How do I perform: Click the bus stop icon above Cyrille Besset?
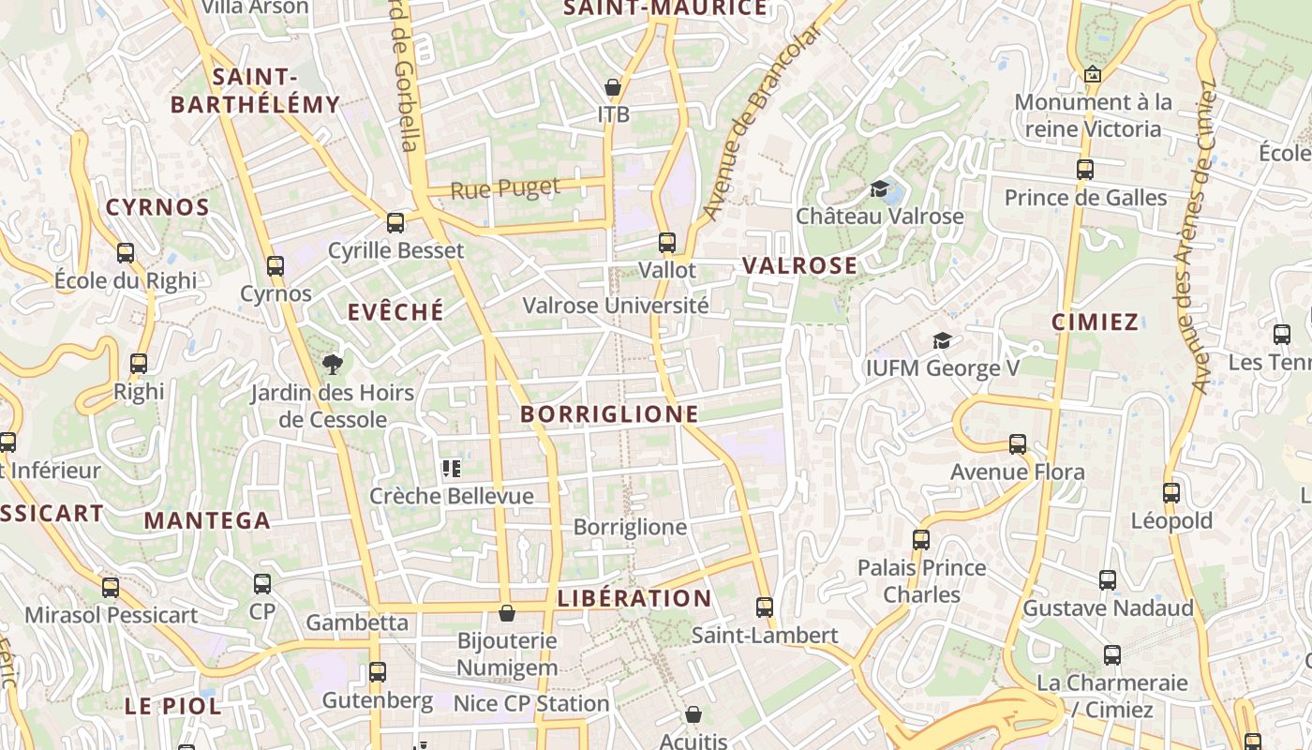(395, 223)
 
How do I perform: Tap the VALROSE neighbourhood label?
(799, 265)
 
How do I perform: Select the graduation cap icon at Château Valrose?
(879, 189)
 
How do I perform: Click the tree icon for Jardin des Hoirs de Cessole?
(331, 364)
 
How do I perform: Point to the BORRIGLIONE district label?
(609, 413)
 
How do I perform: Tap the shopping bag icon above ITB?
(613, 88)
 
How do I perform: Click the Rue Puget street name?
(505, 188)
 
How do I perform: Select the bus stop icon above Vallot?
(667, 243)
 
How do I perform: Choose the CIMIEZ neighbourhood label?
(1095, 322)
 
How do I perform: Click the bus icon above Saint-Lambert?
(765, 607)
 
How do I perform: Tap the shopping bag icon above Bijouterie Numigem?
(507, 613)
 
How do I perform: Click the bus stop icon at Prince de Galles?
(1085, 170)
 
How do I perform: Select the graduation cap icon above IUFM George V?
(942, 340)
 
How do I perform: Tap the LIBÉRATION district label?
(634, 598)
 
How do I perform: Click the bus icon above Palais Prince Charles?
(921, 540)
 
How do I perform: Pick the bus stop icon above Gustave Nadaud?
(1108, 580)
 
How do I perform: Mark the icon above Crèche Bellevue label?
(452, 468)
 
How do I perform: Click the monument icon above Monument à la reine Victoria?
(1092, 74)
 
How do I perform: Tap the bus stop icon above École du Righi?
(126, 252)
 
